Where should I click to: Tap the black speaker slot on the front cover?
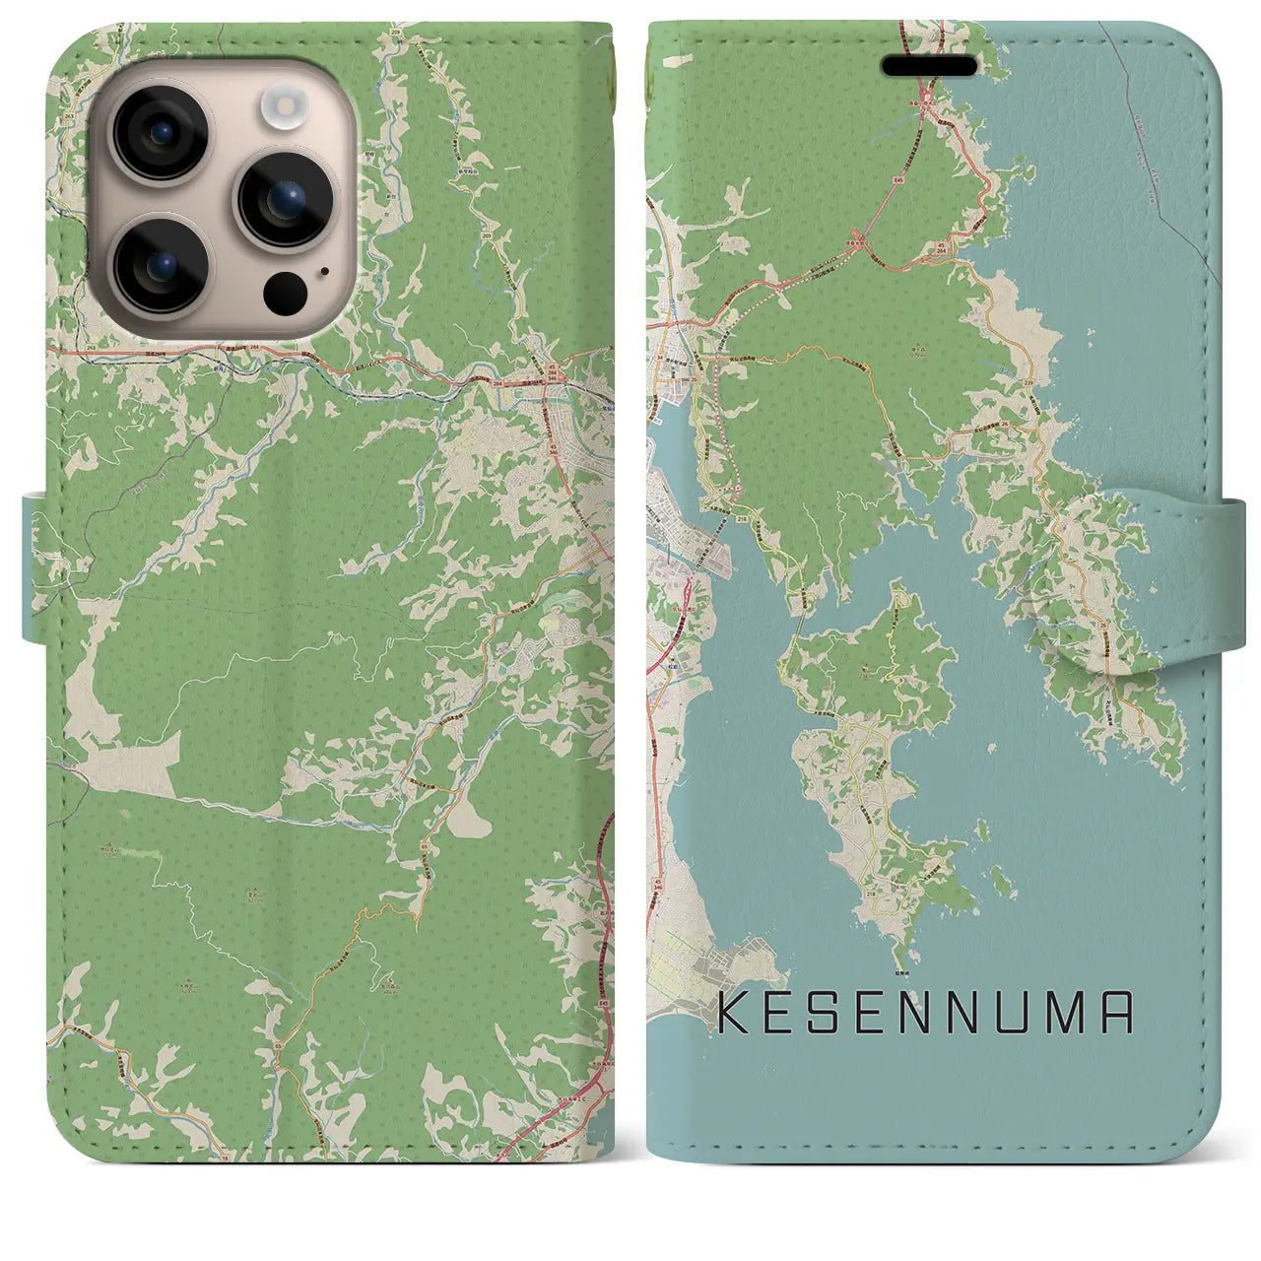coord(928,66)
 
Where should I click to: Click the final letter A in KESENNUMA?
coord(1116,1013)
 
